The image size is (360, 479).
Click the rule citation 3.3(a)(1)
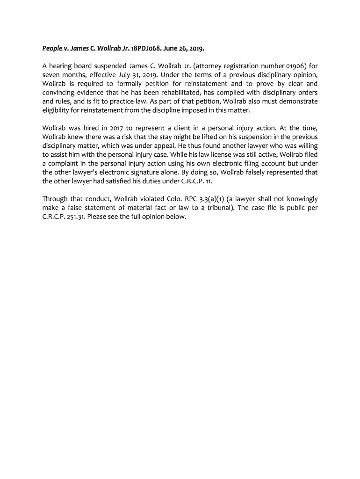tap(218, 199)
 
